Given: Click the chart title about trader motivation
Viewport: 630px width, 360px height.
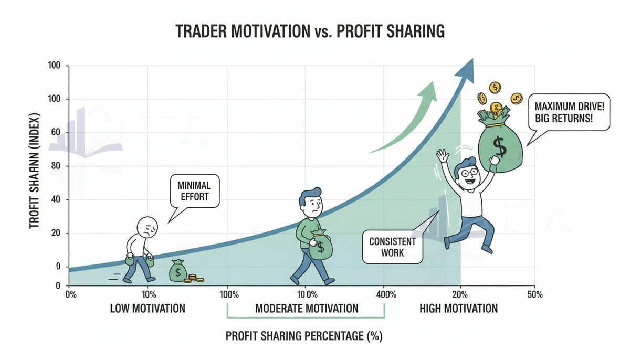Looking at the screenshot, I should point(310,31).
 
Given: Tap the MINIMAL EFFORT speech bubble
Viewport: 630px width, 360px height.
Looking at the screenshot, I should point(194,190).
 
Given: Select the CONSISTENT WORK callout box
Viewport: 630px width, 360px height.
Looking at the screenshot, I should point(393,247).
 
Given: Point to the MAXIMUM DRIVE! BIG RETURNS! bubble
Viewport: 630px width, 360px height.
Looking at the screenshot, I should point(569,112).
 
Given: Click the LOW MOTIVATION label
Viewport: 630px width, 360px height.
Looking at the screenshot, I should point(148,309).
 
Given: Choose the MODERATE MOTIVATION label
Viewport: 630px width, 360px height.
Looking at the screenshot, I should point(307,309).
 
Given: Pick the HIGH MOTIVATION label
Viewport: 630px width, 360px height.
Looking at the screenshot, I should point(458,309).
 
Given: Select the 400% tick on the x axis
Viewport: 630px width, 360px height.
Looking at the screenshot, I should point(386,294).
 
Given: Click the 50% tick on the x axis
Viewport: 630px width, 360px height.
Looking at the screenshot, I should point(534,294).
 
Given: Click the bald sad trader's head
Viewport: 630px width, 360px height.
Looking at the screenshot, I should point(147,227).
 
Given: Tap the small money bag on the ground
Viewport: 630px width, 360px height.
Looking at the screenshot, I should point(178,271).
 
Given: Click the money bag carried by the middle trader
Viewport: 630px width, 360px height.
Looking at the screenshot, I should point(320,246).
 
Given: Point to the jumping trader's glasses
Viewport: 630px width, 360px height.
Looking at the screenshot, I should point(467,172).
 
